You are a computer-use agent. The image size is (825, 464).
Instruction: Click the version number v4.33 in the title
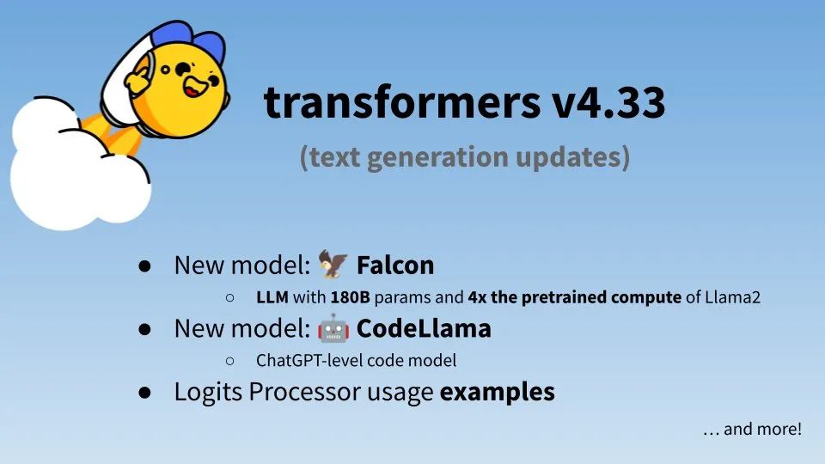pyautogui.click(x=608, y=102)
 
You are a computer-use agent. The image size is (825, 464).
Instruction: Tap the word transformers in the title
pyautogui.click(x=402, y=101)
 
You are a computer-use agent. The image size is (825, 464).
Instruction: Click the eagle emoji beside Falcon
pyautogui.click(x=333, y=264)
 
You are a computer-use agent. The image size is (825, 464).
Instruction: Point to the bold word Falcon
pyautogui.click(x=395, y=265)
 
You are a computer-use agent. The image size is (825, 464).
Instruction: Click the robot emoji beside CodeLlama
pyautogui.click(x=333, y=328)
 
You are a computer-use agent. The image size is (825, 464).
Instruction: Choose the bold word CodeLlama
pyautogui.click(x=424, y=328)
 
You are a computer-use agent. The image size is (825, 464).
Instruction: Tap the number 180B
pyautogui.click(x=350, y=297)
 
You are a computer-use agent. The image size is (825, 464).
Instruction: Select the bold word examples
pyautogui.click(x=497, y=393)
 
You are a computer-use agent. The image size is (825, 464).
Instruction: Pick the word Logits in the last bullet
pyautogui.click(x=208, y=393)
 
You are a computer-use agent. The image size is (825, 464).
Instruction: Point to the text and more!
pyautogui.click(x=762, y=429)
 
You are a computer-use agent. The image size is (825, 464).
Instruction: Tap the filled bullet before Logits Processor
pyautogui.click(x=144, y=393)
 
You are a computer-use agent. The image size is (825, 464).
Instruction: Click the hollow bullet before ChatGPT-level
pyautogui.click(x=230, y=361)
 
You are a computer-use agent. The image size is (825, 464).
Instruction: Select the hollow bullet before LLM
pyautogui.click(x=230, y=298)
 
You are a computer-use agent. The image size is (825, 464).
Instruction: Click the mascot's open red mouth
pyautogui.click(x=192, y=89)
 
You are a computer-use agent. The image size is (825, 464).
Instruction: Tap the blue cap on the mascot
pyautogui.click(x=192, y=40)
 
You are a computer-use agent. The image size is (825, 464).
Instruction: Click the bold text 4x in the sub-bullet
pyautogui.click(x=477, y=297)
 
